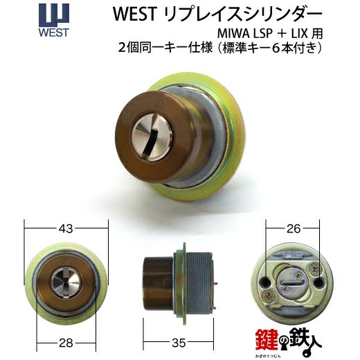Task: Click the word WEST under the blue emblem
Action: pyautogui.click(x=54, y=33)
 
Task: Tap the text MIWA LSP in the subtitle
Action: pyautogui.click(x=245, y=34)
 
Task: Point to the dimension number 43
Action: pyautogui.click(x=66, y=228)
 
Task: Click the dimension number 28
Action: pyautogui.click(x=66, y=343)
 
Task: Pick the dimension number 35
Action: pyautogui.click(x=179, y=343)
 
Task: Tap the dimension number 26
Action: pyautogui.click(x=294, y=228)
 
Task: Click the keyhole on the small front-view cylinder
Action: pyautogui.click(x=66, y=282)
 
